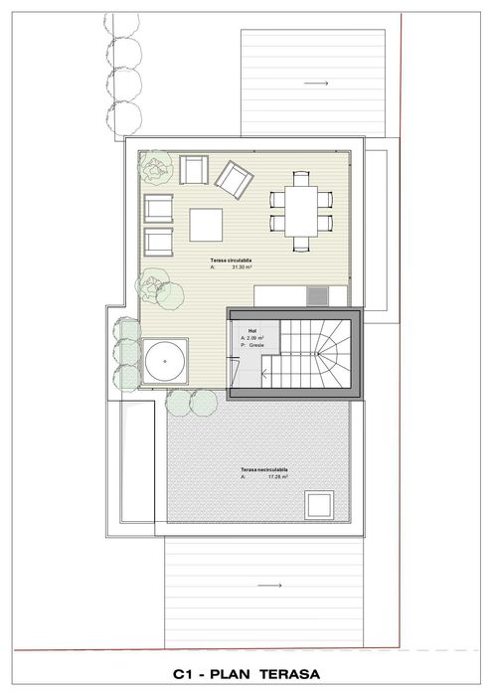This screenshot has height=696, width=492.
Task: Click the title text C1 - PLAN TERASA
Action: (x=246, y=674)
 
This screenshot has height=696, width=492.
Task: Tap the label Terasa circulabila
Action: (x=231, y=260)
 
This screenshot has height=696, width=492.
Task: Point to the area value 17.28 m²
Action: (x=277, y=477)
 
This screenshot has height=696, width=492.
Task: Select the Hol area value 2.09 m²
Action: (x=256, y=337)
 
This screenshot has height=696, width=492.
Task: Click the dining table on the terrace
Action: (x=300, y=210)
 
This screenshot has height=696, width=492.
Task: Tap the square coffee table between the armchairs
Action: (x=208, y=225)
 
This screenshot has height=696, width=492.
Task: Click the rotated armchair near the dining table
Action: (x=235, y=180)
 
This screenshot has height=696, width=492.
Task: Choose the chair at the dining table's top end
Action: (x=301, y=177)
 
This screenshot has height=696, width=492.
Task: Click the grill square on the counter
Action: (x=317, y=294)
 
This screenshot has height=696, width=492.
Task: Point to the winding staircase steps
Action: (x=315, y=357)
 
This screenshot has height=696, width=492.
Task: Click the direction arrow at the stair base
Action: (x=266, y=374)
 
